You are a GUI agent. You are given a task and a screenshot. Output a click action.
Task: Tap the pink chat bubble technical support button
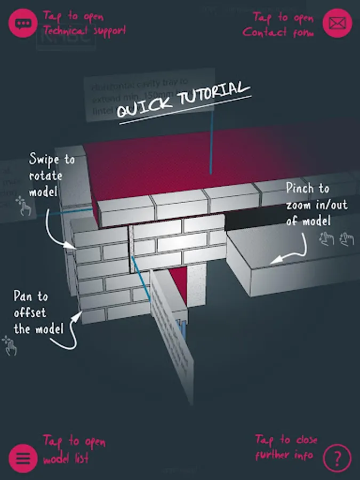tap(23, 23)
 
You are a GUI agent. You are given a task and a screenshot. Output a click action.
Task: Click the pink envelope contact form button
tap(337, 23)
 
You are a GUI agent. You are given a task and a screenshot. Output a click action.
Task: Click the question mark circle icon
tap(337, 458)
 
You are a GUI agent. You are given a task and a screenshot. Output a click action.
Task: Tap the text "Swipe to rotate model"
tap(52, 175)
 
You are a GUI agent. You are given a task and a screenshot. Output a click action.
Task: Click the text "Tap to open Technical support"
tap(84, 23)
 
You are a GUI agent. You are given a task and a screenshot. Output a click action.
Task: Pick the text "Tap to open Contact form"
tap(278, 25)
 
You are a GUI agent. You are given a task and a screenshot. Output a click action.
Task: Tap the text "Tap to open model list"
tap(74, 450)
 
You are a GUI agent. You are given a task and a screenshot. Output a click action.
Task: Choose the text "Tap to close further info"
tap(285, 447)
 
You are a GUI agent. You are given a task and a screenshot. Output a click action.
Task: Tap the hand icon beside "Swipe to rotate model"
tap(23, 206)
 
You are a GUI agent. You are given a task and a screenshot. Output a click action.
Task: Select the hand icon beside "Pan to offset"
tap(10, 346)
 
